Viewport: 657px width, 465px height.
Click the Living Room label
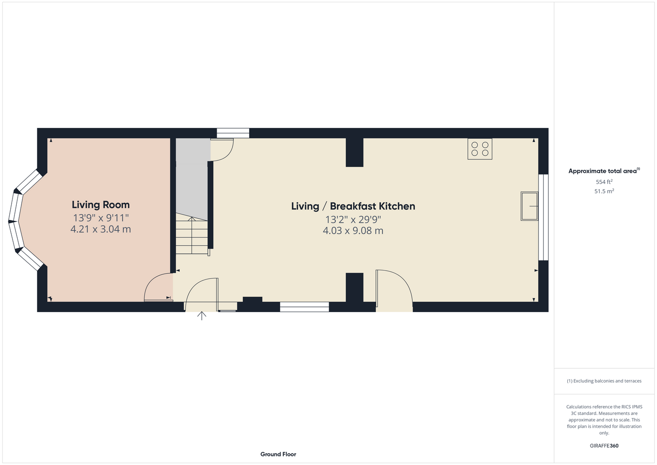(x=100, y=205)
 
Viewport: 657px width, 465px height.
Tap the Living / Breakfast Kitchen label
(x=353, y=206)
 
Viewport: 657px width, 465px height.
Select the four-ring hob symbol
(x=480, y=149)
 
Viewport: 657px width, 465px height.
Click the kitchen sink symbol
(x=530, y=206)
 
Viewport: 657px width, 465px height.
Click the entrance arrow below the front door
(x=201, y=316)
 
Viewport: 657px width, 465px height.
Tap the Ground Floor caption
(x=278, y=454)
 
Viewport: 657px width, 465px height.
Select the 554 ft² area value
(x=604, y=182)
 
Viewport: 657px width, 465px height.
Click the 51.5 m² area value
(x=604, y=191)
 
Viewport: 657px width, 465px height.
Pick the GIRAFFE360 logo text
(x=604, y=445)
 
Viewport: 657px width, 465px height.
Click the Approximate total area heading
(x=604, y=171)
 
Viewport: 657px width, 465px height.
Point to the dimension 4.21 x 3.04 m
(x=100, y=229)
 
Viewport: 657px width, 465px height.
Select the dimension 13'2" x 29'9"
(x=353, y=219)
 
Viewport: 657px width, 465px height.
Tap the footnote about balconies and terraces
(x=604, y=381)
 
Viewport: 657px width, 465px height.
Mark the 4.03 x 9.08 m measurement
(x=353, y=231)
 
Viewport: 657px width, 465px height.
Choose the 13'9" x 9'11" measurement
(x=100, y=218)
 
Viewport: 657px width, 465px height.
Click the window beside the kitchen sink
(x=544, y=218)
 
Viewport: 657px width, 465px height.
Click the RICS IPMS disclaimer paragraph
(x=604, y=420)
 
